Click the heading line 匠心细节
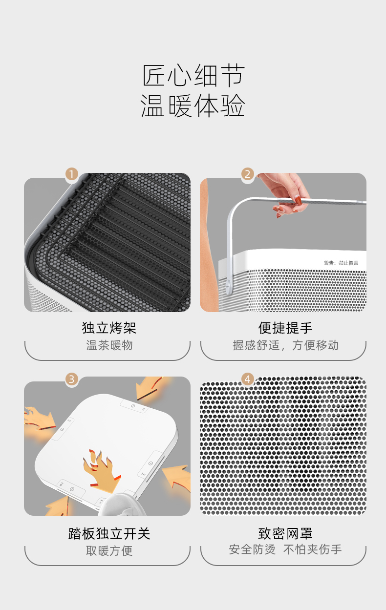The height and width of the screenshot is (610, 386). [193, 75]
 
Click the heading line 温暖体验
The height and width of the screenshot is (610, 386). [193, 105]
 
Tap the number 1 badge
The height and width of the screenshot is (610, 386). [72, 174]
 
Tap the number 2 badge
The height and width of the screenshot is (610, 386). [248, 174]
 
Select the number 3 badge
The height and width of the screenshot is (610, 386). [72, 379]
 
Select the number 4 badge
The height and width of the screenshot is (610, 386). [248, 379]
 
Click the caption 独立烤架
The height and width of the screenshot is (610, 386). [109, 328]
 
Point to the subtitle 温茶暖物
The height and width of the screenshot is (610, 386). [109, 345]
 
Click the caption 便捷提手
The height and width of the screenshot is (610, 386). [285, 328]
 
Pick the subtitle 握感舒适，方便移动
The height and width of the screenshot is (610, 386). [285, 345]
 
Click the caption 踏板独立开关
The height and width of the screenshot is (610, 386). [109, 533]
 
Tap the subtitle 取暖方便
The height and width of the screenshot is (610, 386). [109, 550]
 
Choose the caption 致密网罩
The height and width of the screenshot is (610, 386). [285, 533]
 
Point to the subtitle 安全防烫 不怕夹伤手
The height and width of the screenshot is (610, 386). [285, 549]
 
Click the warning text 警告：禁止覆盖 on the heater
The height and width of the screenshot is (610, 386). [341, 263]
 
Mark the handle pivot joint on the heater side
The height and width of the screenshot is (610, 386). [228, 285]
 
